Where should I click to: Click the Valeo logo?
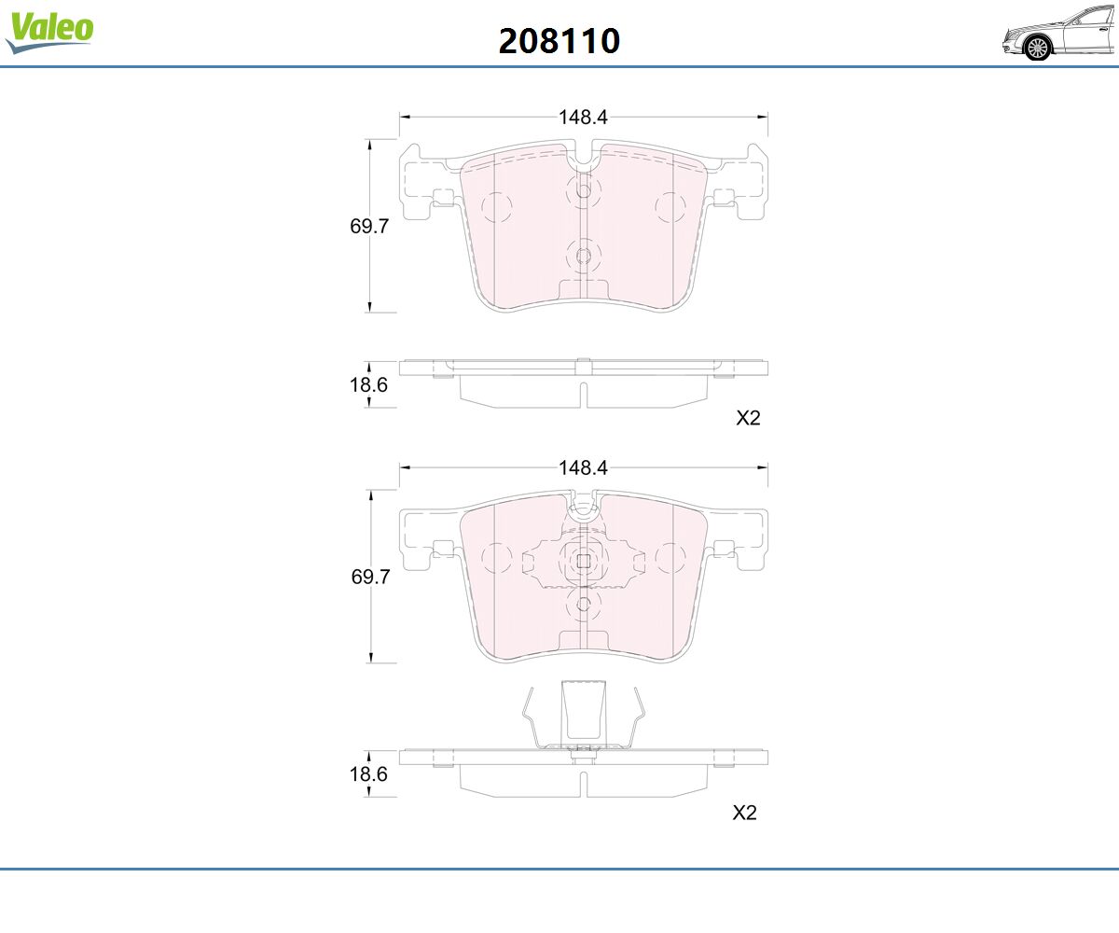(49, 32)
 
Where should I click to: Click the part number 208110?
(559, 41)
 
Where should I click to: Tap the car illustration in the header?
(1059, 32)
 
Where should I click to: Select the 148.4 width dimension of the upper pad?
(583, 117)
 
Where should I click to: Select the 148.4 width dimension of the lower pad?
(583, 467)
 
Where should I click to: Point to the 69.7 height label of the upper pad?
(368, 226)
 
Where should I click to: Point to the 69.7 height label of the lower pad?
(370, 577)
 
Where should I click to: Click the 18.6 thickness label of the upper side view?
(368, 384)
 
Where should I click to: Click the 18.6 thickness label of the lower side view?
(368, 773)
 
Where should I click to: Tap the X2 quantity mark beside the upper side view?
(748, 418)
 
